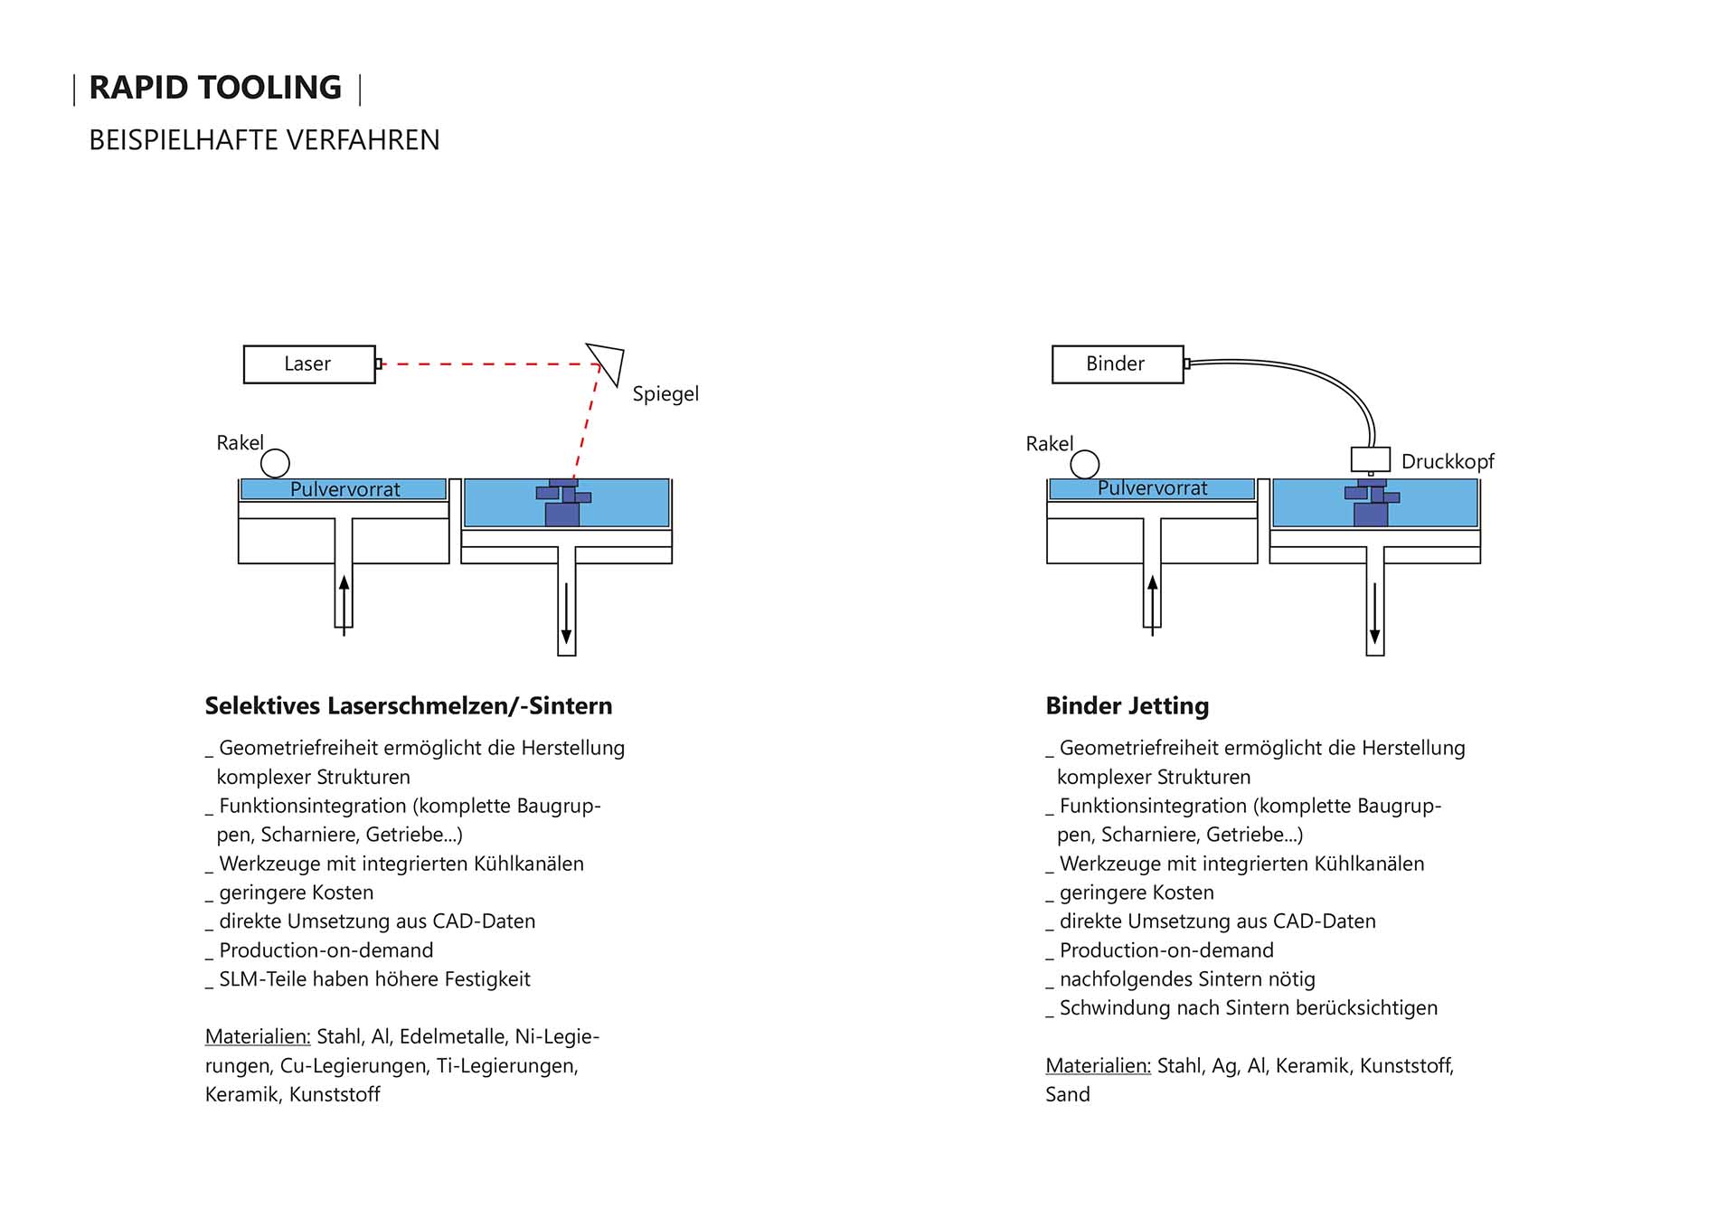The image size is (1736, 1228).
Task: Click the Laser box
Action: (x=308, y=364)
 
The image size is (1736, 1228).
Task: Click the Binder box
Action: (x=1117, y=364)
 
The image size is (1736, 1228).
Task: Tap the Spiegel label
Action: (x=665, y=393)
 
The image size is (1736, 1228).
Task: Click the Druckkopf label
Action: (x=1447, y=461)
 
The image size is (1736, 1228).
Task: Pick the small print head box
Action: (x=1370, y=458)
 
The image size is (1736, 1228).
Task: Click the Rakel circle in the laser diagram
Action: (x=275, y=463)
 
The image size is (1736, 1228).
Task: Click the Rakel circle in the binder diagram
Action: (x=1084, y=464)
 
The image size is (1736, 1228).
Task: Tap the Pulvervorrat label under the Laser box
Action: (x=344, y=489)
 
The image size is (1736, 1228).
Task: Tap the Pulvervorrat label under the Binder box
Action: (x=1152, y=488)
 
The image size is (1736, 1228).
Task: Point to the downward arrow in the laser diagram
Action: (x=567, y=615)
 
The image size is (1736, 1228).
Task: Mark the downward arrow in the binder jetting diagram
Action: (x=1374, y=615)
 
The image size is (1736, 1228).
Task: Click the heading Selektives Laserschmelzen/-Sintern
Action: (x=408, y=705)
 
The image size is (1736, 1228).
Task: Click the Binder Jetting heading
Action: (x=1127, y=705)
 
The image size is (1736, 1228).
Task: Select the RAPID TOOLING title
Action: (x=215, y=88)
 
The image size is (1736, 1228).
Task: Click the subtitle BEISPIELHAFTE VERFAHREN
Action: (x=264, y=140)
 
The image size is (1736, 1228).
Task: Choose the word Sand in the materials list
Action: (x=1067, y=1094)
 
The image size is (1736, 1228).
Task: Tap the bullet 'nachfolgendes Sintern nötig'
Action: (x=1186, y=978)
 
